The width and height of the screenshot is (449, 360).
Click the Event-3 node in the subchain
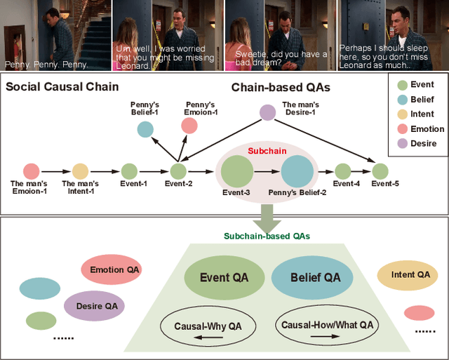point(236,171)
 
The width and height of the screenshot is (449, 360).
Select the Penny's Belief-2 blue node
point(297,171)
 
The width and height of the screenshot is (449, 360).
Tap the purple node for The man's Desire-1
point(267,112)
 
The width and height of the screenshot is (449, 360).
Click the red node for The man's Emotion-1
point(31,171)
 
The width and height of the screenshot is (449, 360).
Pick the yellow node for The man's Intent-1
point(80,171)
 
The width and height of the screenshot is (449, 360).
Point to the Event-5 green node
point(380,171)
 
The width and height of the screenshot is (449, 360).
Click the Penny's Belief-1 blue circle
point(145,128)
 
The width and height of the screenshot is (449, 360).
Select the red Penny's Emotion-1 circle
point(189,126)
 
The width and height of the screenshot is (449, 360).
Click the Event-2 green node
point(178,171)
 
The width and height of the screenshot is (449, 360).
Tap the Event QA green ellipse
point(224,278)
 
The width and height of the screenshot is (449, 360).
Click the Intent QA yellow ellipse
point(410,275)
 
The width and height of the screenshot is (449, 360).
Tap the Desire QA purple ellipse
point(95,305)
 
